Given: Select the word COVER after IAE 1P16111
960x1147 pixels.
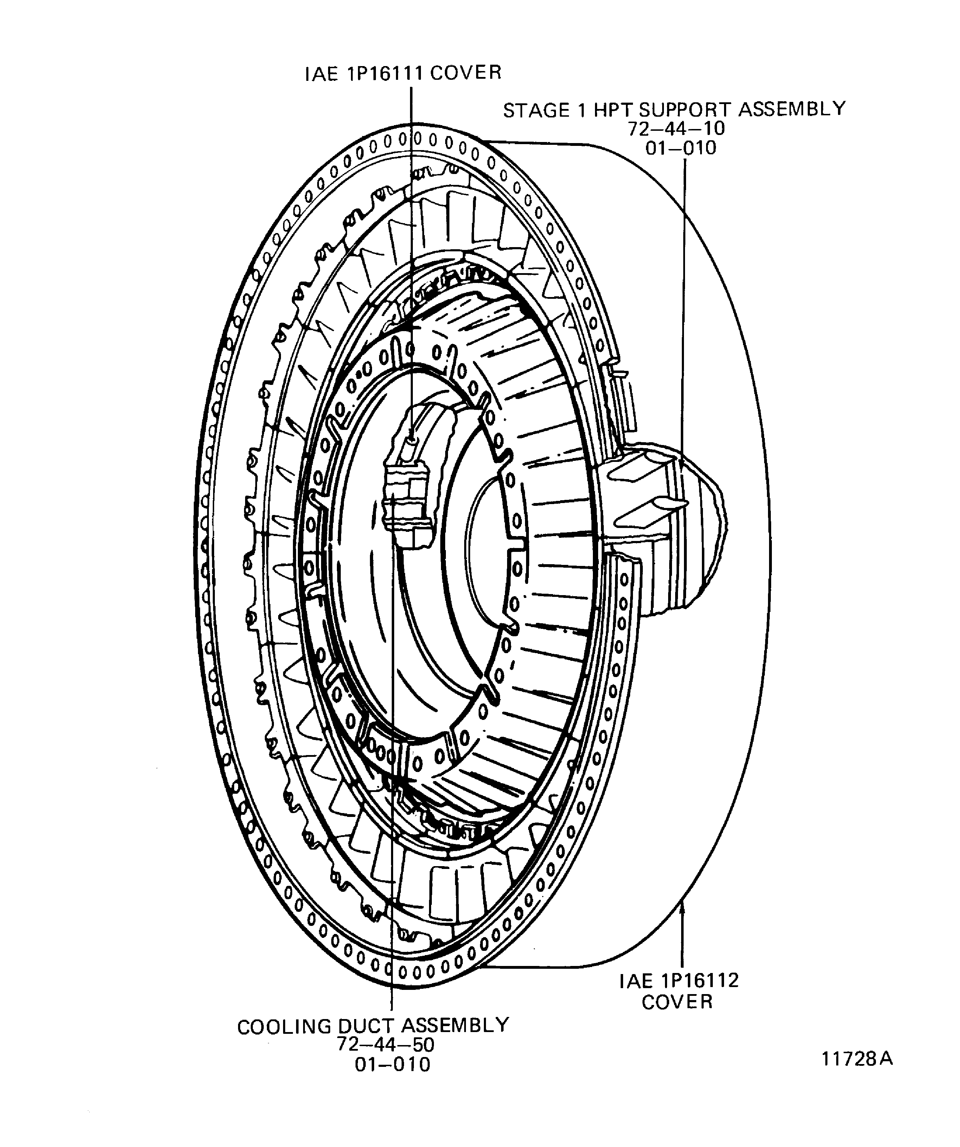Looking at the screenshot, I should pos(466,73).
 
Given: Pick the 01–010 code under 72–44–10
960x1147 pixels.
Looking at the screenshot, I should pos(680,148).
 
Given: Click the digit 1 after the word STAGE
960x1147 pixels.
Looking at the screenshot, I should pos(581,111).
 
